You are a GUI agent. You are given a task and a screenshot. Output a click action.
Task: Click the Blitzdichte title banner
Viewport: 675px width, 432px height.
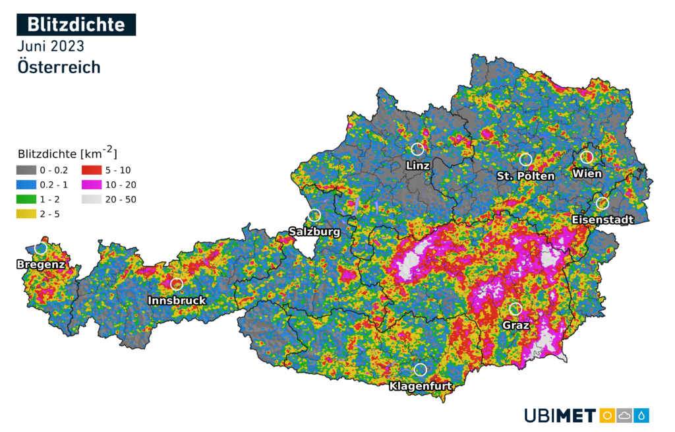[76, 24]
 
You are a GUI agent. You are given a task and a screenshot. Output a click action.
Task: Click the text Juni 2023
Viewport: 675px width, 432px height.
[51, 46]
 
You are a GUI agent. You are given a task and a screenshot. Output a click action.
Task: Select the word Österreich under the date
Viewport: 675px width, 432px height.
[59, 67]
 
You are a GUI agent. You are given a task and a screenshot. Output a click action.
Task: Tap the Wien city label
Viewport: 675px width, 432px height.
[587, 173]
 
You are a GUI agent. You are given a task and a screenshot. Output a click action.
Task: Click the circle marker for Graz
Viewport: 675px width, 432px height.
[515, 309]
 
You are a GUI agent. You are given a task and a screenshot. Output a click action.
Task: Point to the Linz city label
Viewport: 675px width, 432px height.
[418, 166]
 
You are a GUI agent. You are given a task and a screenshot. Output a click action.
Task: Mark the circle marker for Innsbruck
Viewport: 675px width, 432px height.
[177, 284]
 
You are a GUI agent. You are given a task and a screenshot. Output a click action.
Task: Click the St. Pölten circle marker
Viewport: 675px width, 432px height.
[525, 159]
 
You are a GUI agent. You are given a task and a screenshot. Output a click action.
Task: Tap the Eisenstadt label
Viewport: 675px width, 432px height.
[603, 219]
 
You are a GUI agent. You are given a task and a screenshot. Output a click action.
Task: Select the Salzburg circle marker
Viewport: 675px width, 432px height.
[314, 215]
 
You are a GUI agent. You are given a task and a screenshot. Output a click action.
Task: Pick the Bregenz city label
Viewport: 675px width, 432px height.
[41, 264]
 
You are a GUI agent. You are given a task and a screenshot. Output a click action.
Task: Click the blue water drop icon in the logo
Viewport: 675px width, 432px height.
[642, 416]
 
